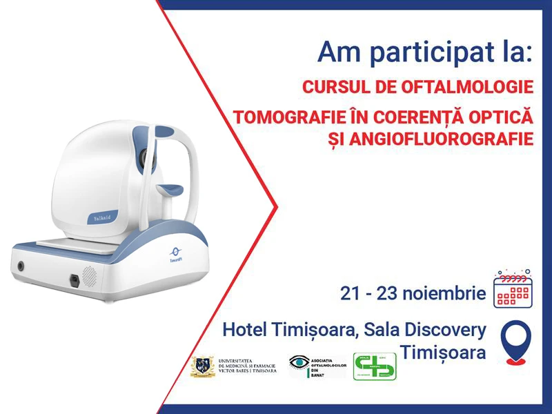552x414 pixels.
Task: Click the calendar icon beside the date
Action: (x=515, y=289)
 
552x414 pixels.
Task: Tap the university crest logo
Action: (x=201, y=366)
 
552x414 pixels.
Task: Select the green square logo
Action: (x=375, y=366)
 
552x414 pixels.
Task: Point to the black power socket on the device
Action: (x=74, y=280)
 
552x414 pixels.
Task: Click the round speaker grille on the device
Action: (x=89, y=275)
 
